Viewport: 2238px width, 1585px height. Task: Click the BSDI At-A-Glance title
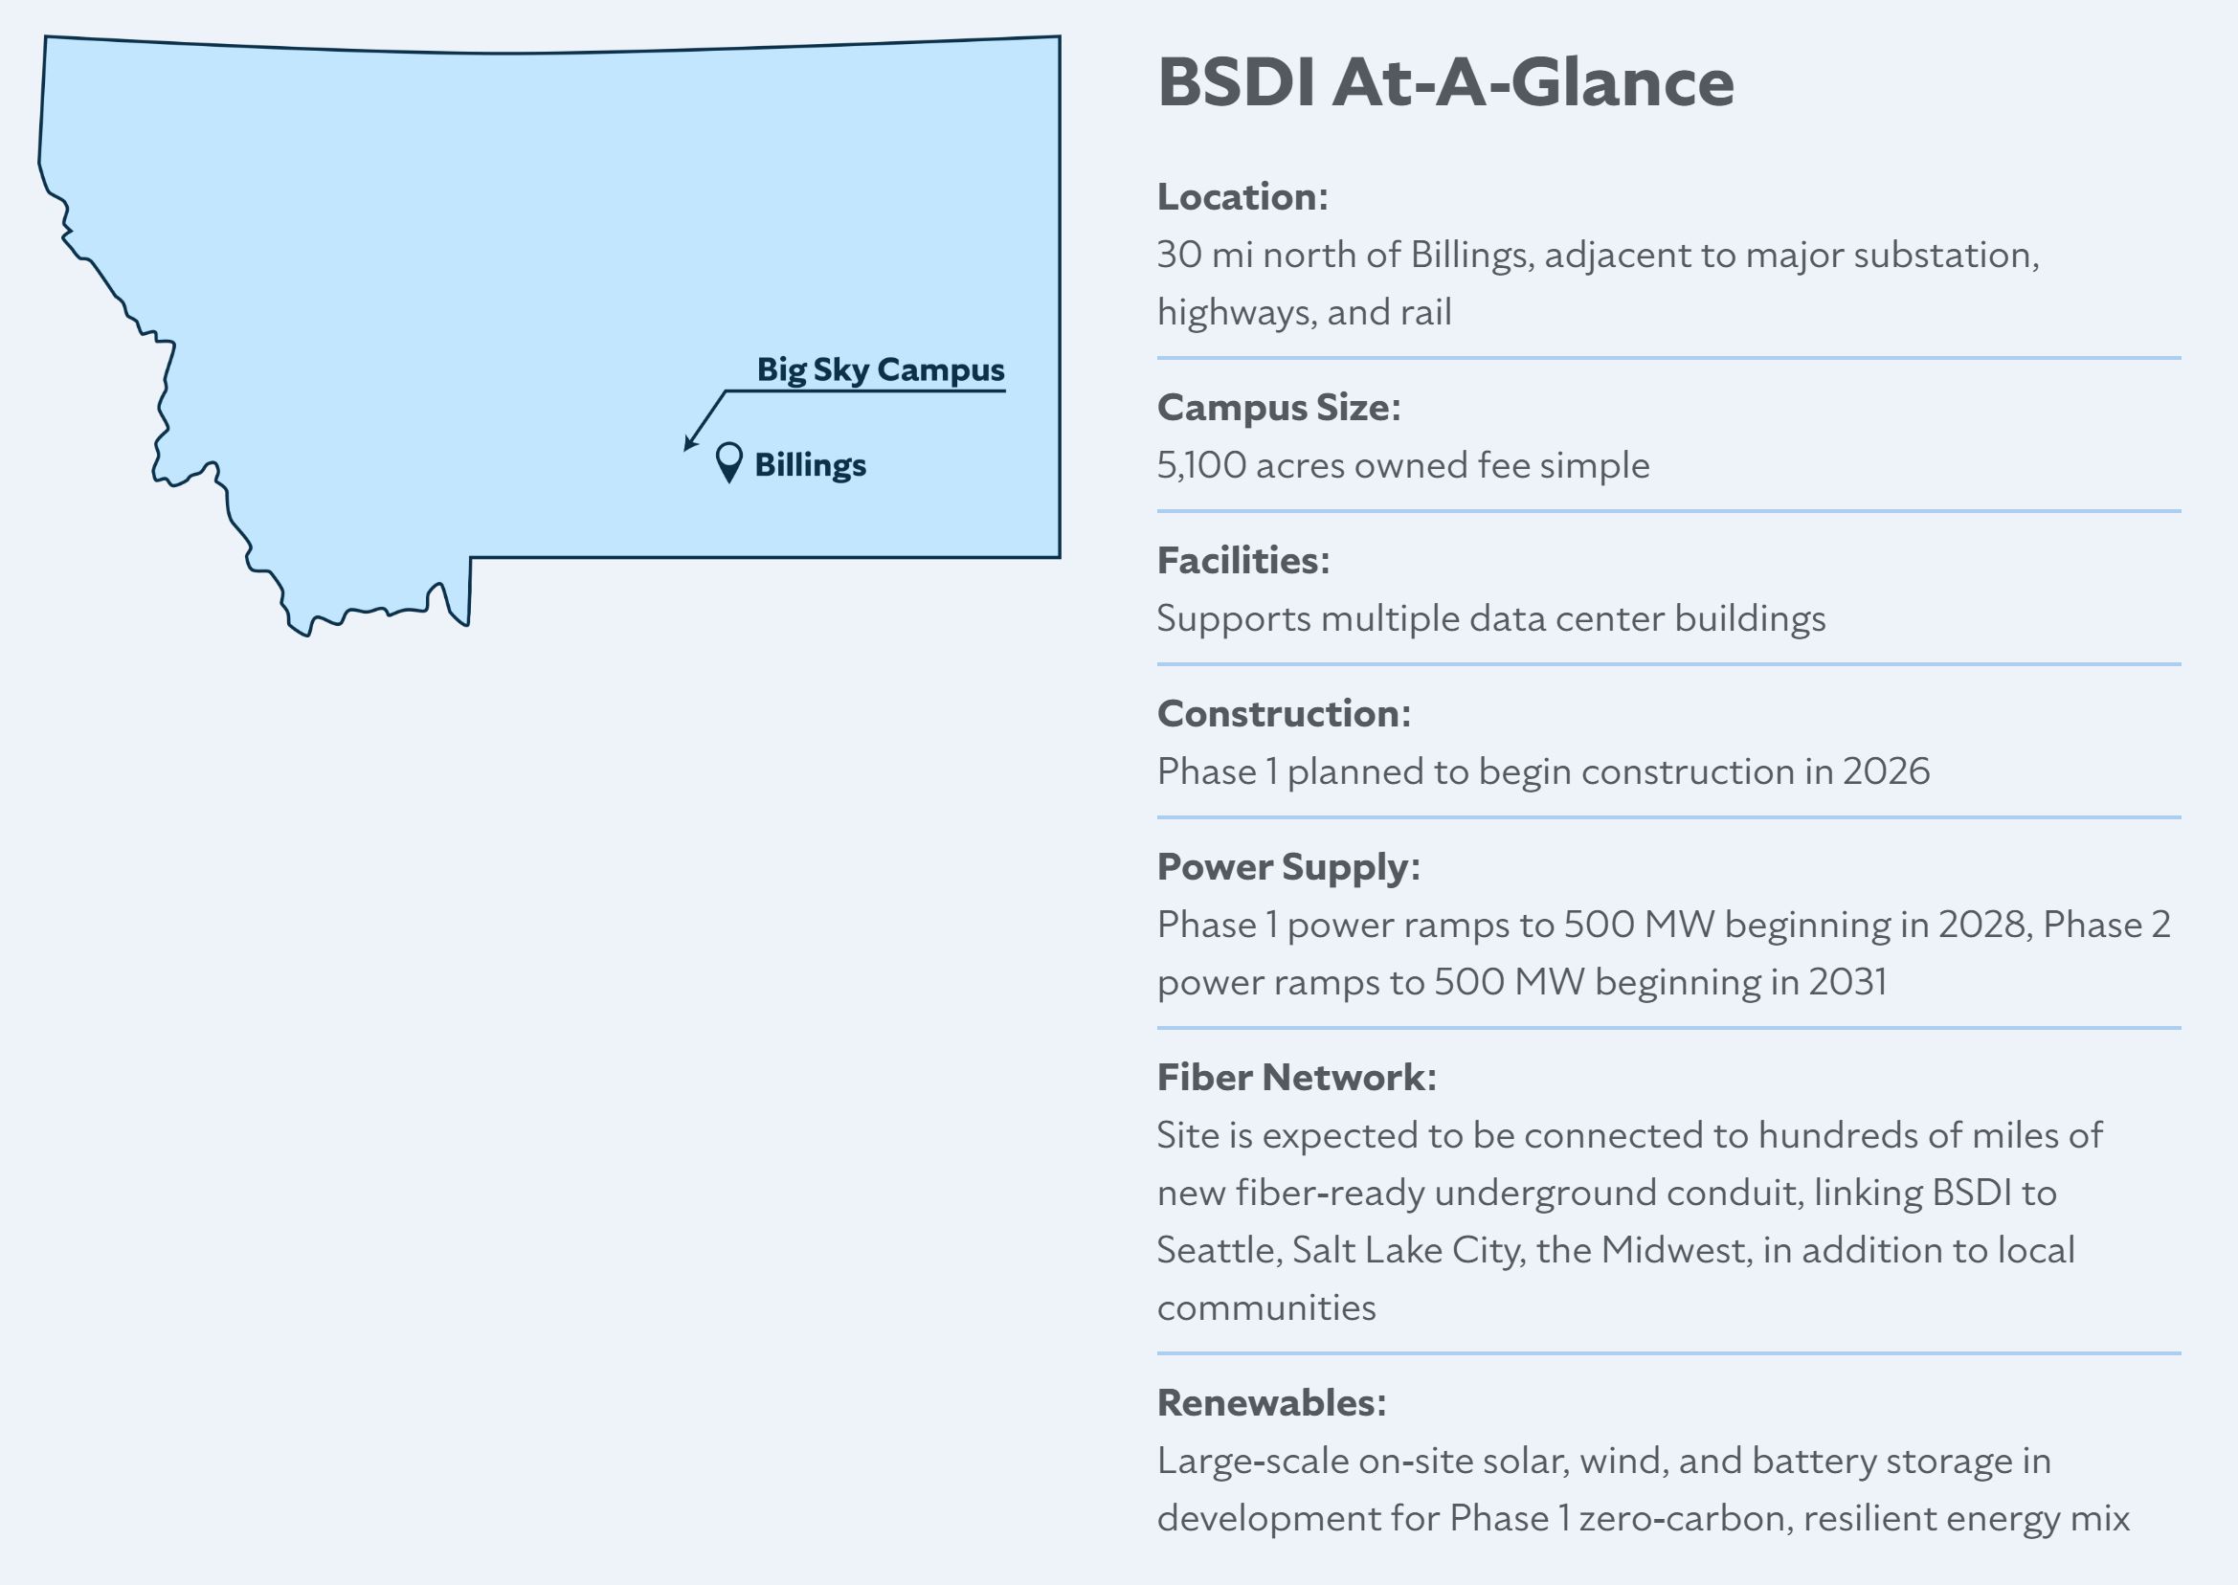tap(1445, 82)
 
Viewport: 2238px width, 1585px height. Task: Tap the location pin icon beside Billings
tap(729, 462)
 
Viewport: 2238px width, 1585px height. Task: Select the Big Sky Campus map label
tap(881, 369)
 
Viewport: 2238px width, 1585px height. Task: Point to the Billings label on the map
tap(810, 465)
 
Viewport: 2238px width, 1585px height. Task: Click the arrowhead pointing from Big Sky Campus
tap(690, 443)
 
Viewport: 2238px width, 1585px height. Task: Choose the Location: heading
tap(1242, 197)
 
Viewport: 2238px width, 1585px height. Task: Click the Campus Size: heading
tap(1279, 408)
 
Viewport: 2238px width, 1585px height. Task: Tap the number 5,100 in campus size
tap(1201, 465)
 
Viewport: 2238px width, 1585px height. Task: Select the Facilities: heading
tap(1243, 561)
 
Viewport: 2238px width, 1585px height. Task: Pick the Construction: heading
tap(1284, 714)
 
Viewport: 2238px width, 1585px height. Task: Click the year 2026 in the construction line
tap(1886, 772)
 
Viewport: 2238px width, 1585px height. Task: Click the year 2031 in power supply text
tap(1847, 983)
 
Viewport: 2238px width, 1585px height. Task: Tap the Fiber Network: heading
tap(1297, 1079)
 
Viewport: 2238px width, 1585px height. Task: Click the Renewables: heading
tap(1272, 1403)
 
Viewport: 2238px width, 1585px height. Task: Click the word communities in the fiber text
tap(1266, 1308)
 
